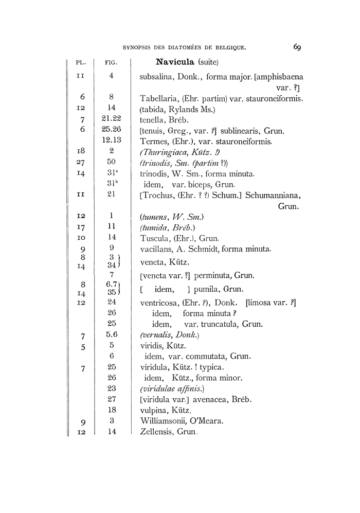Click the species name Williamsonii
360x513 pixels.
(x=164, y=421)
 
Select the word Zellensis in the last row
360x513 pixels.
(x=157, y=432)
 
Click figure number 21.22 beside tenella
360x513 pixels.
(x=111, y=119)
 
